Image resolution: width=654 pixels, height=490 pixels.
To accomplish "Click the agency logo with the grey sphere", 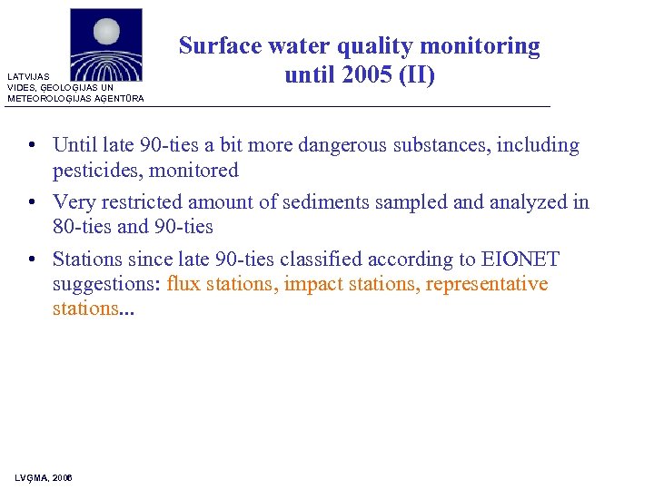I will click(106, 45).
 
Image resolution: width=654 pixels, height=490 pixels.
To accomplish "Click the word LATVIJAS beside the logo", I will click(26, 77).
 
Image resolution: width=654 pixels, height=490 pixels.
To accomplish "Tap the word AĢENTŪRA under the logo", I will click(118, 98).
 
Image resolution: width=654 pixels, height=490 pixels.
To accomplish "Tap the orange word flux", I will click(184, 285).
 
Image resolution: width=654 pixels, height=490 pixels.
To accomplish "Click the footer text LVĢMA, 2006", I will click(44, 477).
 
